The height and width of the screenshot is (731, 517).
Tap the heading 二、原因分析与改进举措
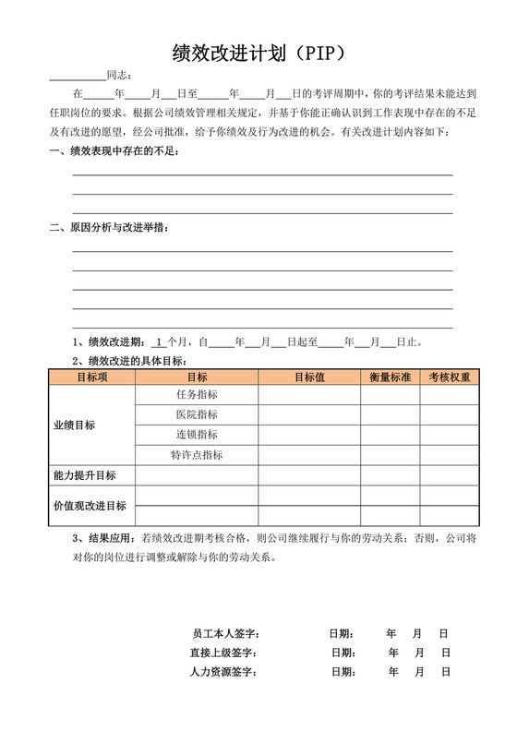pyautogui.click(x=108, y=228)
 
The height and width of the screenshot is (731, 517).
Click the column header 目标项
pyautogui.click(x=91, y=377)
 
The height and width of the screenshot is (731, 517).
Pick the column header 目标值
pyautogui.click(x=309, y=377)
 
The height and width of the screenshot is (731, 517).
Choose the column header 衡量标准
pyautogui.click(x=390, y=377)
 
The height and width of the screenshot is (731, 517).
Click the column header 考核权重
pyautogui.click(x=450, y=377)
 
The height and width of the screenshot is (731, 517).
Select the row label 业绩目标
pyautogui.click(x=74, y=425)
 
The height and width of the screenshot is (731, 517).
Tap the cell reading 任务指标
pyautogui.click(x=197, y=395)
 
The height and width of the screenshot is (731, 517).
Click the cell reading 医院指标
pyautogui.click(x=197, y=415)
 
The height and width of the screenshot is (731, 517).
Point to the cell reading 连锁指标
pyautogui.click(x=197, y=435)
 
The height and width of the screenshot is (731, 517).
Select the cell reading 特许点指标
pyautogui.click(x=197, y=455)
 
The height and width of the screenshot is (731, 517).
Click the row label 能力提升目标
pyautogui.click(x=84, y=475)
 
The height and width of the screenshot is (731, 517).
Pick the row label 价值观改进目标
pyautogui.click(x=90, y=506)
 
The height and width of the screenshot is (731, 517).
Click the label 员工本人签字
pyautogui.click(x=225, y=634)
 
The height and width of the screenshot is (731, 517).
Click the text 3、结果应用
pyautogui.click(x=102, y=537)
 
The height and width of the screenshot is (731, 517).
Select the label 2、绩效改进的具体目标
pyautogui.click(x=129, y=360)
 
